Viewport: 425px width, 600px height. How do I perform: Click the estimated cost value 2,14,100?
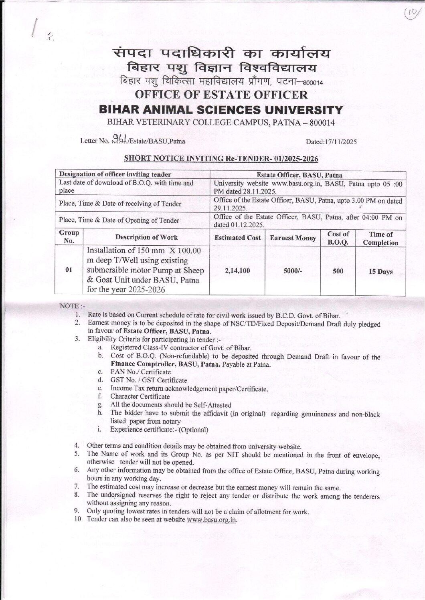(x=238, y=271)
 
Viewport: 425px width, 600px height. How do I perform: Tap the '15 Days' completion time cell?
(x=380, y=272)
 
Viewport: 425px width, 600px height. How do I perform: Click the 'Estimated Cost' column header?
(x=238, y=238)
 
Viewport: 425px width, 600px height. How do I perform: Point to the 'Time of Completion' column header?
(x=380, y=238)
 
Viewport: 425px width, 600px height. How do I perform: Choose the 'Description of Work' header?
(x=146, y=237)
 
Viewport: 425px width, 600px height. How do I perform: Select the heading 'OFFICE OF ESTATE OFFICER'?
(x=221, y=95)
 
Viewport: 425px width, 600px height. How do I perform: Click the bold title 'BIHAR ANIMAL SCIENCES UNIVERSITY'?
(x=221, y=110)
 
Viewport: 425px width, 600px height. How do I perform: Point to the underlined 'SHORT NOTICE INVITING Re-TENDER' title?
(x=221, y=159)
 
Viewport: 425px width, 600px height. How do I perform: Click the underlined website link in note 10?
(x=212, y=520)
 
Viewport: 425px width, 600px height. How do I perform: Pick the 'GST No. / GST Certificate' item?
(x=149, y=380)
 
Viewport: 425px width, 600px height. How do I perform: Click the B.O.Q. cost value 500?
(x=338, y=271)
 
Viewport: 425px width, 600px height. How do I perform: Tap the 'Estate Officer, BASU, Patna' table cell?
(x=308, y=175)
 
